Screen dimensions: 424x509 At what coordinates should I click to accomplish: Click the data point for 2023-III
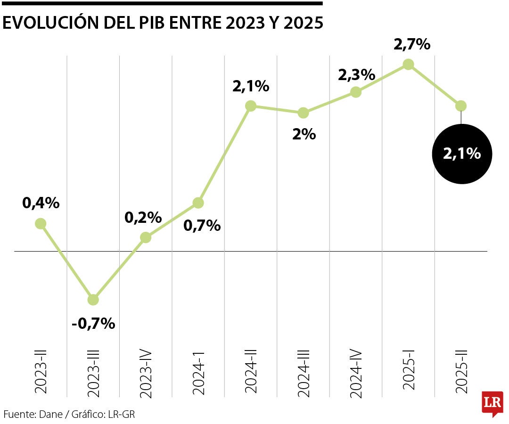93,300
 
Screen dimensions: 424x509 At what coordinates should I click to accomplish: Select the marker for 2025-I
409,65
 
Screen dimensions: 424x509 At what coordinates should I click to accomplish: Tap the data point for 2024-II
251,106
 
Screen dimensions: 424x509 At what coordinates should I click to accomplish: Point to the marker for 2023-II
41,223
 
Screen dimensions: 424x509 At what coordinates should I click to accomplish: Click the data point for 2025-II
461,106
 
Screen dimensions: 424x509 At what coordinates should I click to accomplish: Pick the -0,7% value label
93,324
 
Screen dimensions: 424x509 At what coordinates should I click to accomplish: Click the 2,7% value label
412,44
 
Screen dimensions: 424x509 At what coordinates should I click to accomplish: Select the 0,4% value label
41,203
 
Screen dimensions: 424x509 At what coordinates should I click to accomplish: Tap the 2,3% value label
356,74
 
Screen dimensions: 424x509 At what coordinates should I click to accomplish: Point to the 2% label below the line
304,135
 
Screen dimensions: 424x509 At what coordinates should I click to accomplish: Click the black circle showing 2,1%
462,154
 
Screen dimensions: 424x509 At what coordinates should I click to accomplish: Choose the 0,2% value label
143,218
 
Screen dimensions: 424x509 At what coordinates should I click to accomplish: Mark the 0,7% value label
202,226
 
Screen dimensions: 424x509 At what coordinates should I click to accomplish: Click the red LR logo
492,403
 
